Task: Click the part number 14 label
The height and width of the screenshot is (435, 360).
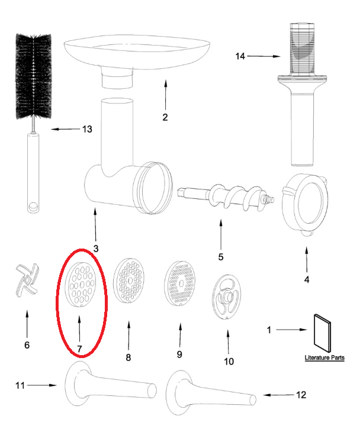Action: [240, 56]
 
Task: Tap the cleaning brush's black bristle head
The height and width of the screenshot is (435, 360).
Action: [35, 75]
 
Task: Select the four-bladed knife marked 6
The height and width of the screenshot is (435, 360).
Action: [26, 282]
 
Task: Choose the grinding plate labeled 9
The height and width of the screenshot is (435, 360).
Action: [179, 284]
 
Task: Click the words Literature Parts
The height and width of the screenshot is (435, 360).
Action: [324, 358]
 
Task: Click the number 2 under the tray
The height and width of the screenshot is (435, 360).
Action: [165, 117]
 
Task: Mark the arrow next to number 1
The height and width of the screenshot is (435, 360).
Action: [292, 329]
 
